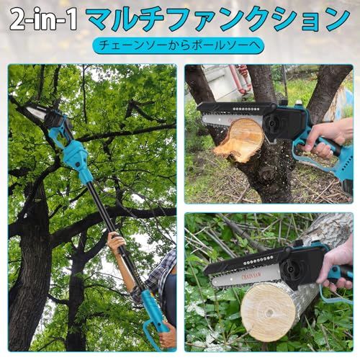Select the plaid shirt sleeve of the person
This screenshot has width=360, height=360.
(160, 274)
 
